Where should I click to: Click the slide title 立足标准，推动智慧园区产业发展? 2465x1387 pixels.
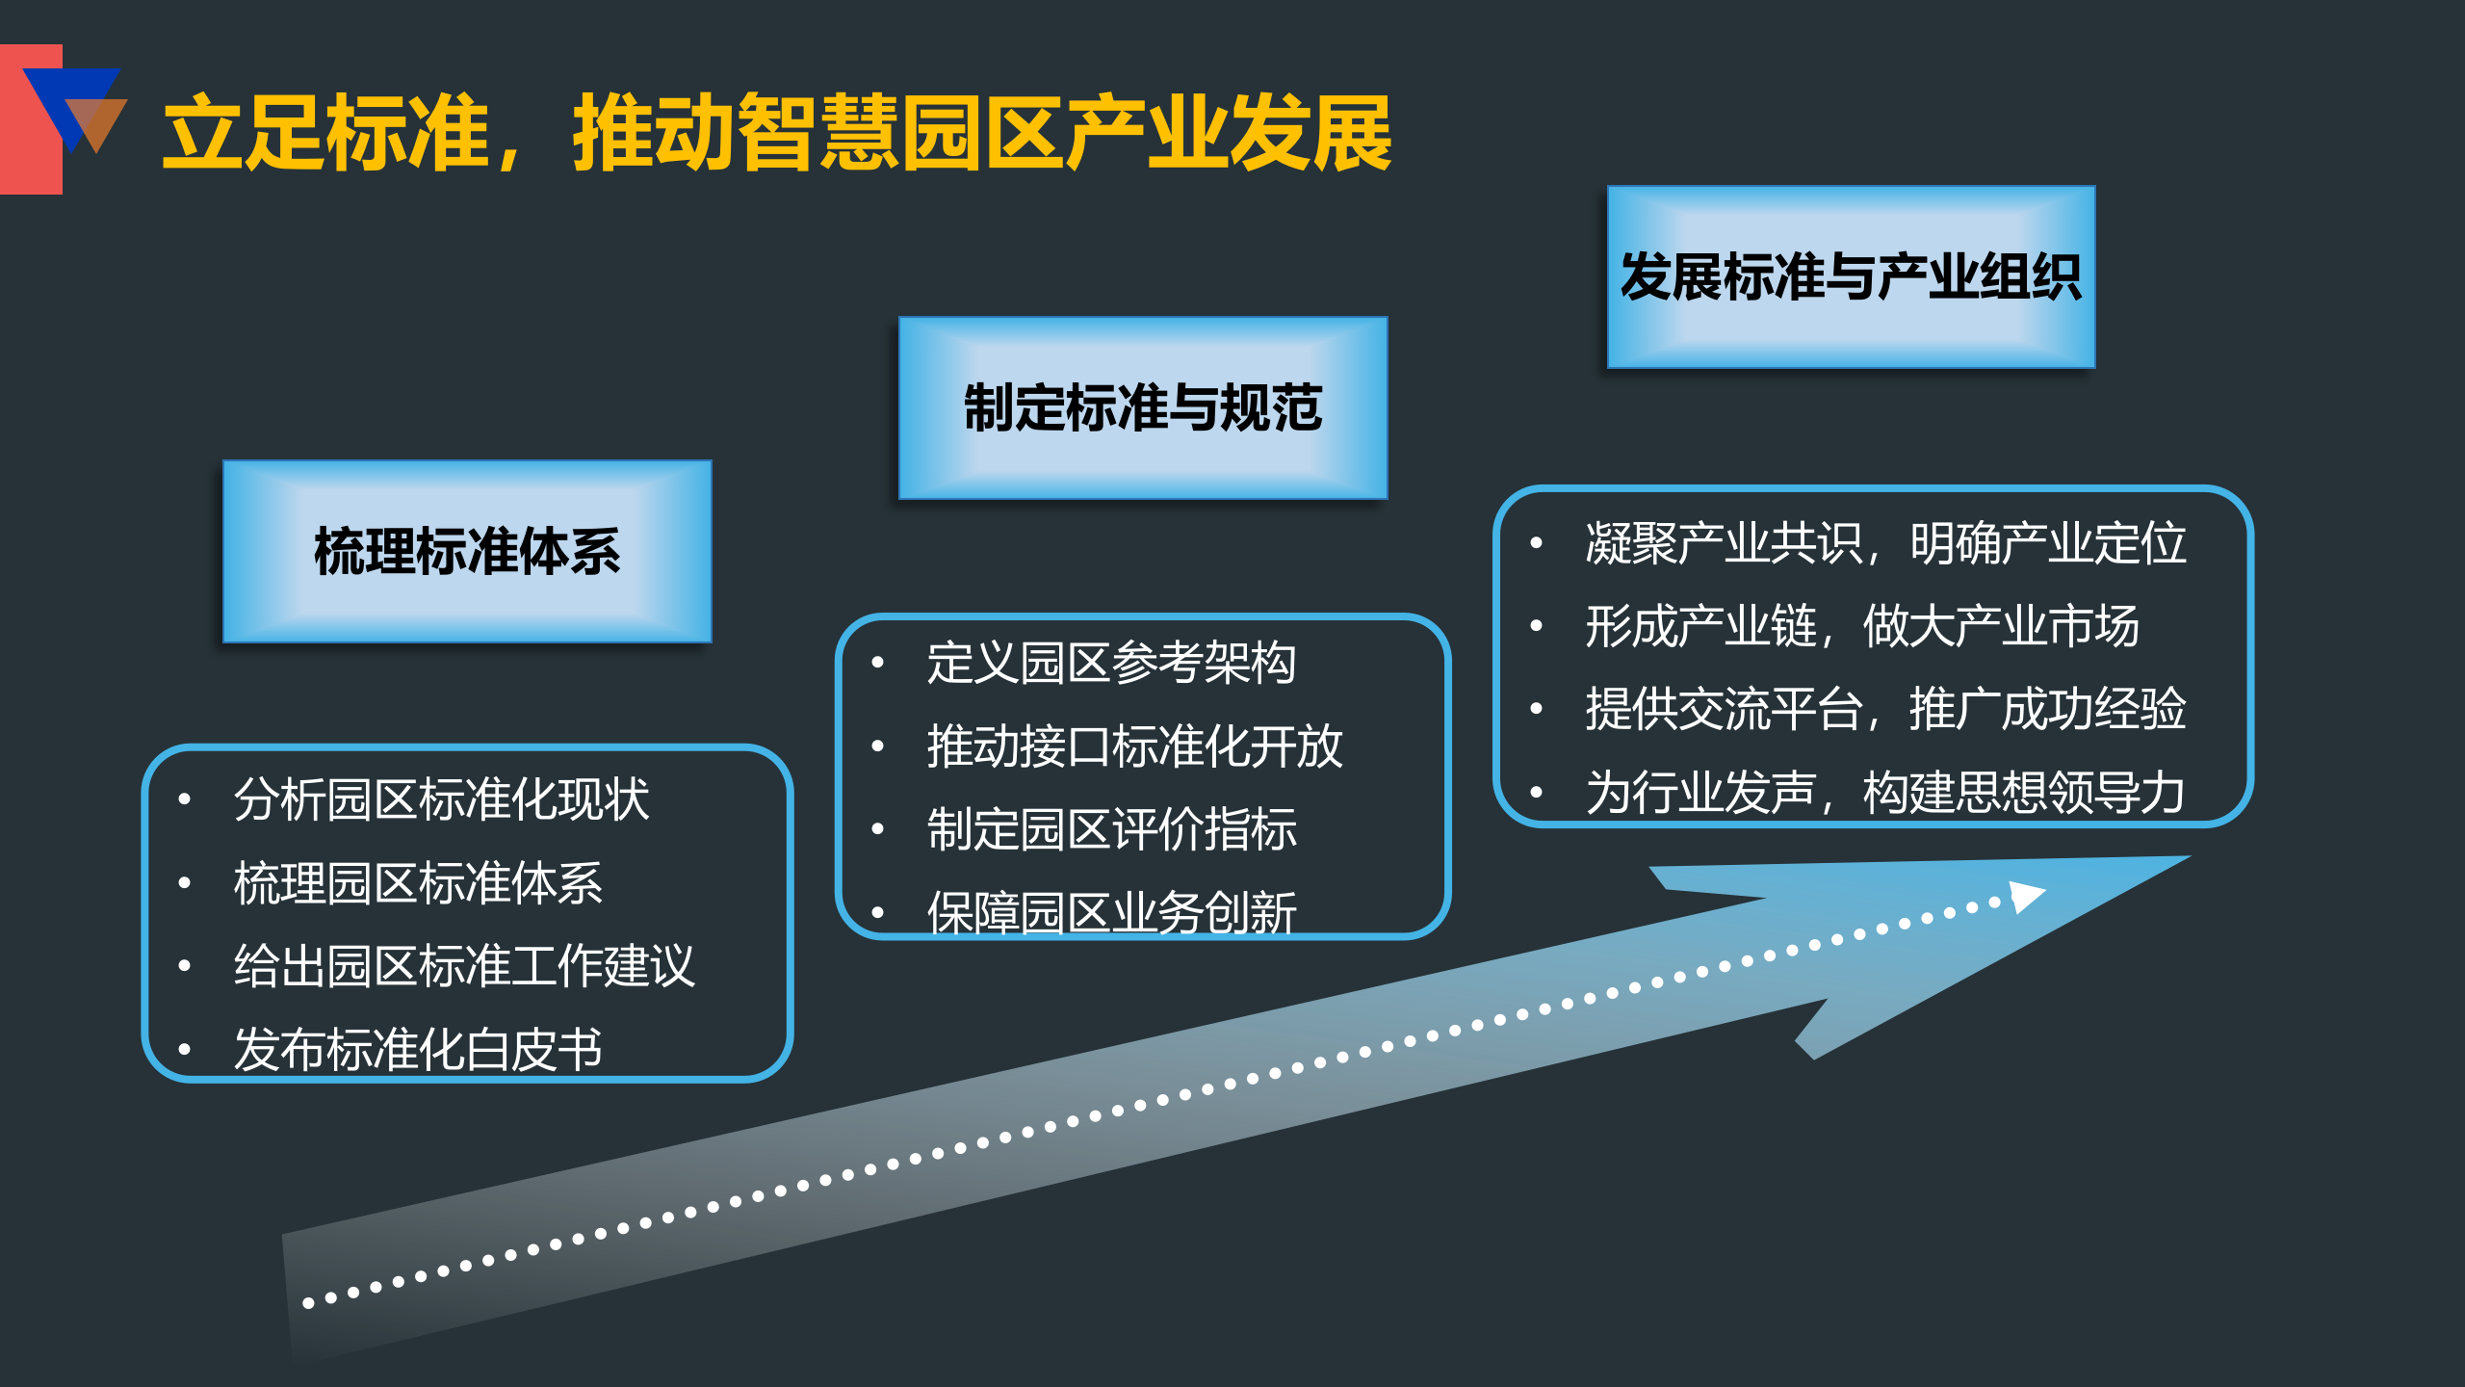[776, 133]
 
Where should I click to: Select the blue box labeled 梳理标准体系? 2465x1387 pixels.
[467, 551]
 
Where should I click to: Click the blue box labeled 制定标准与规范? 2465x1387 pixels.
[1142, 407]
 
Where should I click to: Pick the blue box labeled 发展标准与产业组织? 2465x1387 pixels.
[1850, 276]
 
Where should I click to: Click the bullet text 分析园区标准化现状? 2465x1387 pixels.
[441, 799]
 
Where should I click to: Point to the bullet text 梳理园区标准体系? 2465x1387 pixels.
[418, 882]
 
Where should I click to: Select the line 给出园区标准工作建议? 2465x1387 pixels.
[464, 965]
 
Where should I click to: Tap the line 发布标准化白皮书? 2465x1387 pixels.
[418, 1048]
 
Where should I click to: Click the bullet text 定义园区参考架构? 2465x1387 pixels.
[1111, 663]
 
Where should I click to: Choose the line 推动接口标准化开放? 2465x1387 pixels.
[1134, 746]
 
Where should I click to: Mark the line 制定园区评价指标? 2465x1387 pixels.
[1111, 828]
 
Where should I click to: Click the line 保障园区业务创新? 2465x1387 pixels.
[1111, 911]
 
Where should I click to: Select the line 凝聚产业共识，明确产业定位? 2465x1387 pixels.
[1885, 543]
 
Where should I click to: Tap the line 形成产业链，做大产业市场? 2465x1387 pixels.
[1862, 626]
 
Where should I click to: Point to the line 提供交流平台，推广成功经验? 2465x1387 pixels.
[1885, 709]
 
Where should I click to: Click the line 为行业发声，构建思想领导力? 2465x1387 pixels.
[1885, 792]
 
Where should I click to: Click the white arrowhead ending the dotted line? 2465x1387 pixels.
[2025, 896]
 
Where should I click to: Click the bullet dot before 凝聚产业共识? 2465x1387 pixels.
[1537, 543]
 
